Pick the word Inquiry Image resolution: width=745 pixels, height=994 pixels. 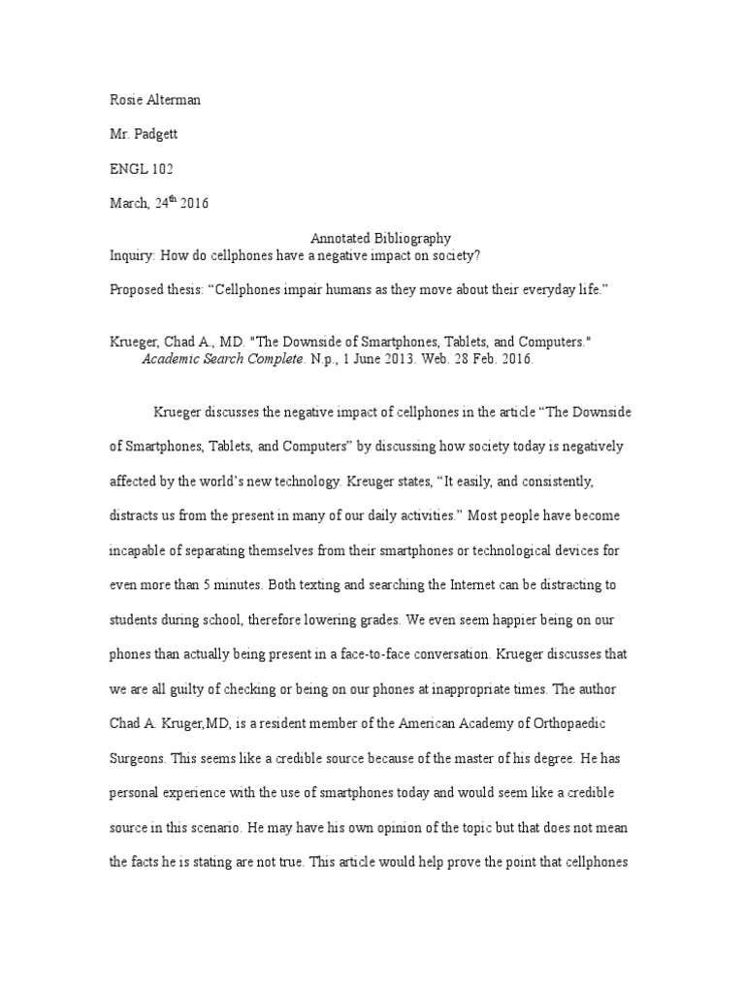click(133, 255)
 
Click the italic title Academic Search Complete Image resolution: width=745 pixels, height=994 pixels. click(223, 358)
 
